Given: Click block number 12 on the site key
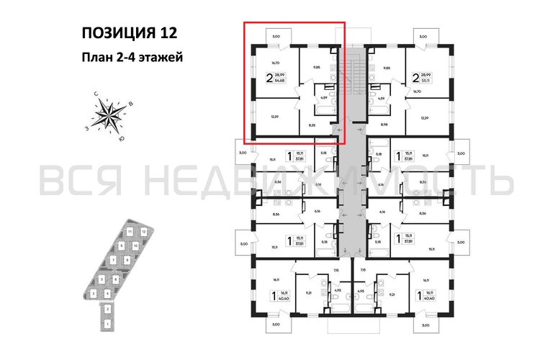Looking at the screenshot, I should (144, 231).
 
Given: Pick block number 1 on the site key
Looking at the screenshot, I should (107, 325).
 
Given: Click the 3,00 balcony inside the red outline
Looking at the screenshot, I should (274, 35).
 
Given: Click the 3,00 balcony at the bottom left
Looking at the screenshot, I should (278, 326).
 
